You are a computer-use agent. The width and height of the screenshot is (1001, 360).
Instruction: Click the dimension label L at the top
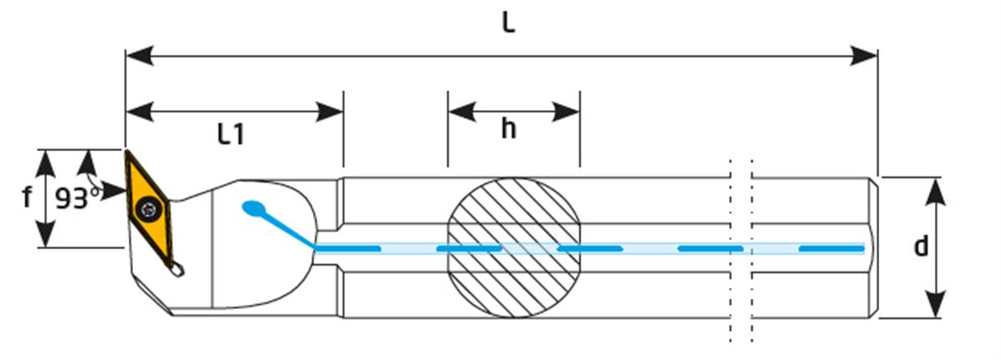pyautogui.click(x=508, y=23)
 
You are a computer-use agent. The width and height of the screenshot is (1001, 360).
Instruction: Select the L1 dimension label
pyautogui.click(x=231, y=134)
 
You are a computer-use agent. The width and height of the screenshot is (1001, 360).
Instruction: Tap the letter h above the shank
pyautogui.click(x=509, y=130)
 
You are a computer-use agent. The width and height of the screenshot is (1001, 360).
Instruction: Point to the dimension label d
pyautogui.click(x=921, y=247)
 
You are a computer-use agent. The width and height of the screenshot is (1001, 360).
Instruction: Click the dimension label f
pyautogui.click(x=27, y=199)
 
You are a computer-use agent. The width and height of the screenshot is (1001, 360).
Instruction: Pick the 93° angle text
pyautogui.click(x=78, y=199)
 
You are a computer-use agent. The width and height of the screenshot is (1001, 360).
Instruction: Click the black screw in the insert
pyautogui.click(x=149, y=206)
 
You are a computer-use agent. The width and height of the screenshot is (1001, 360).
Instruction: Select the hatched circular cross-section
pyautogui.click(x=514, y=247)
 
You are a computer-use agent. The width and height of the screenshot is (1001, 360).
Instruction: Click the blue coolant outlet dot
pyautogui.click(x=251, y=207)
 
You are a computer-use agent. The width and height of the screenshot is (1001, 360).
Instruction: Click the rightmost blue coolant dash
pyautogui.click(x=831, y=248)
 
